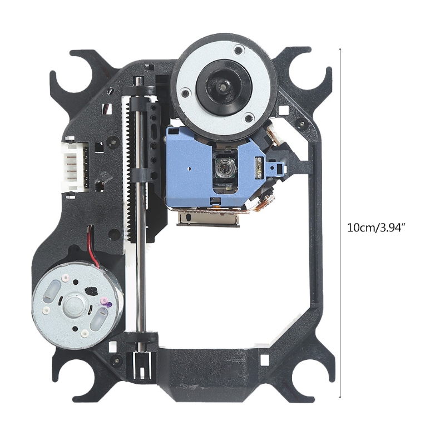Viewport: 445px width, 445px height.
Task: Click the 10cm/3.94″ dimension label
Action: pos(375,228)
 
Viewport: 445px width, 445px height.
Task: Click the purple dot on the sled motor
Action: pos(109,305)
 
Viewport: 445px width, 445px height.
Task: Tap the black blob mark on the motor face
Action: pos(91,290)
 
